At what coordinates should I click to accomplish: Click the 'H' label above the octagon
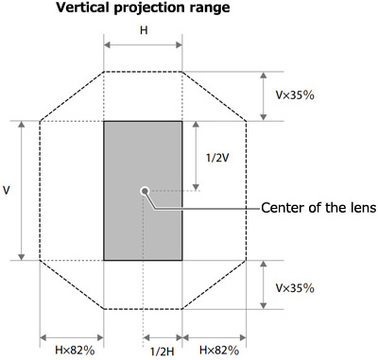[143, 30]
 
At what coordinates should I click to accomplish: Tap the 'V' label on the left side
[8, 190]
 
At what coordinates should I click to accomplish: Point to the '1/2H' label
[160, 351]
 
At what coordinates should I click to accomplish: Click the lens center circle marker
[144, 190]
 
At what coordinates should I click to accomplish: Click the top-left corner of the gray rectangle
[104, 121]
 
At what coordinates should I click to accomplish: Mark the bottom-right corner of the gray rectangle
[182, 259]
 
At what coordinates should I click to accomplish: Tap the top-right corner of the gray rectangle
[182, 121]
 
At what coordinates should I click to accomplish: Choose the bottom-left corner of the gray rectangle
[104, 259]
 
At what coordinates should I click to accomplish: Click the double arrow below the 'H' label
[143, 45]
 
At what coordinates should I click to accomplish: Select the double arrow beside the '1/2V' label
[196, 156]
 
